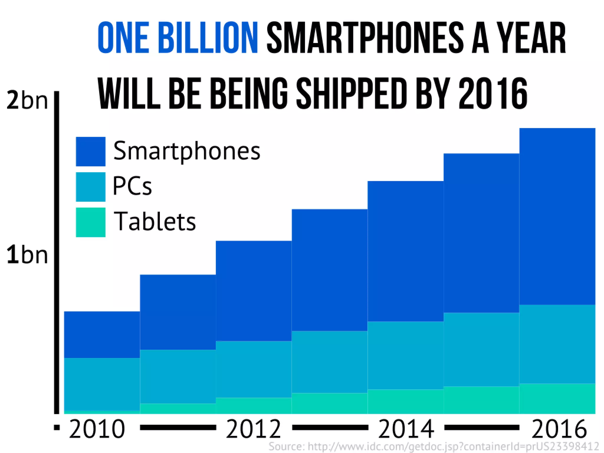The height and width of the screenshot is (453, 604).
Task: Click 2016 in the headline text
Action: (493, 94)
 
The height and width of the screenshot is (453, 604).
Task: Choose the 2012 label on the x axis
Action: (254, 429)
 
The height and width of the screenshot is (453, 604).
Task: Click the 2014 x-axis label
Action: (406, 429)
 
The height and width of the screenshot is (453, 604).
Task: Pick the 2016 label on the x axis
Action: (559, 429)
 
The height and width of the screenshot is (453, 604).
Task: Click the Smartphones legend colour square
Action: (91, 152)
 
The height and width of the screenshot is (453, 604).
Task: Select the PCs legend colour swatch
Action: (91, 187)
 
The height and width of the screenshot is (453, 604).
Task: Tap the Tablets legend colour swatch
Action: (91, 222)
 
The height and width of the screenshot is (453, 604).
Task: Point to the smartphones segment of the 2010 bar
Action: (102, 335)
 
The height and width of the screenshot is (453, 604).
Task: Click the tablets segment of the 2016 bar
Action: (557, 398)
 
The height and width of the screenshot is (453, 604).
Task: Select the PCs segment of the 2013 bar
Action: (329, 362)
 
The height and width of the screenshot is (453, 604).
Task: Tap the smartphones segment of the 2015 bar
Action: (481, 233)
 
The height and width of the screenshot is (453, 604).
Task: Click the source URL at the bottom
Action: (434, 446)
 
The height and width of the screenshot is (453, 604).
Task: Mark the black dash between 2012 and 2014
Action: (330, 427)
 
